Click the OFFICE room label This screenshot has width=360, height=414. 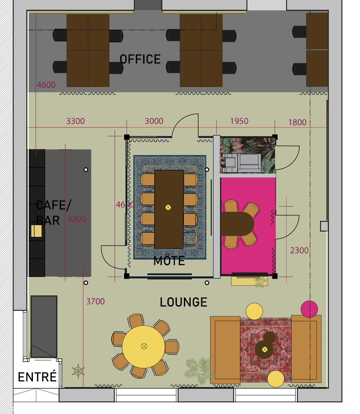click(x=140, y=59)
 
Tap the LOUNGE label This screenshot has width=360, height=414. click(x=183, y=302)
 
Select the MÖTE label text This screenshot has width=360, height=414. click(x=169, y=261)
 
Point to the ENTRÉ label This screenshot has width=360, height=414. click(x=37, y=377)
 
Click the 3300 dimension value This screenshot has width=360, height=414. click(x=75, y=121)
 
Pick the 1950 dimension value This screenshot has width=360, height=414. click(x=239, y=121)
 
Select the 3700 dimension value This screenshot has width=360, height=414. click(x=95, y=301)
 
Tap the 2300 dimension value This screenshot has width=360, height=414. click(x=299, y=250)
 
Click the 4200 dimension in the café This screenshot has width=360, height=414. click(x=77, y=219)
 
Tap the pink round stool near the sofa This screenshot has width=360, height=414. click(x=309, y=309)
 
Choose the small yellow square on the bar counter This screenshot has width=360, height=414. click(x=36, y=231)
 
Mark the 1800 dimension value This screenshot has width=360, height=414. click(x=297, y=122)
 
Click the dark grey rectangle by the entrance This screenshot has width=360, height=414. click(x=44, y=326)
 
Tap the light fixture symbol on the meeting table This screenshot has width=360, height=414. click(x=168, y=207)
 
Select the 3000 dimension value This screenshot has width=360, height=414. click(x=154, y=121)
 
